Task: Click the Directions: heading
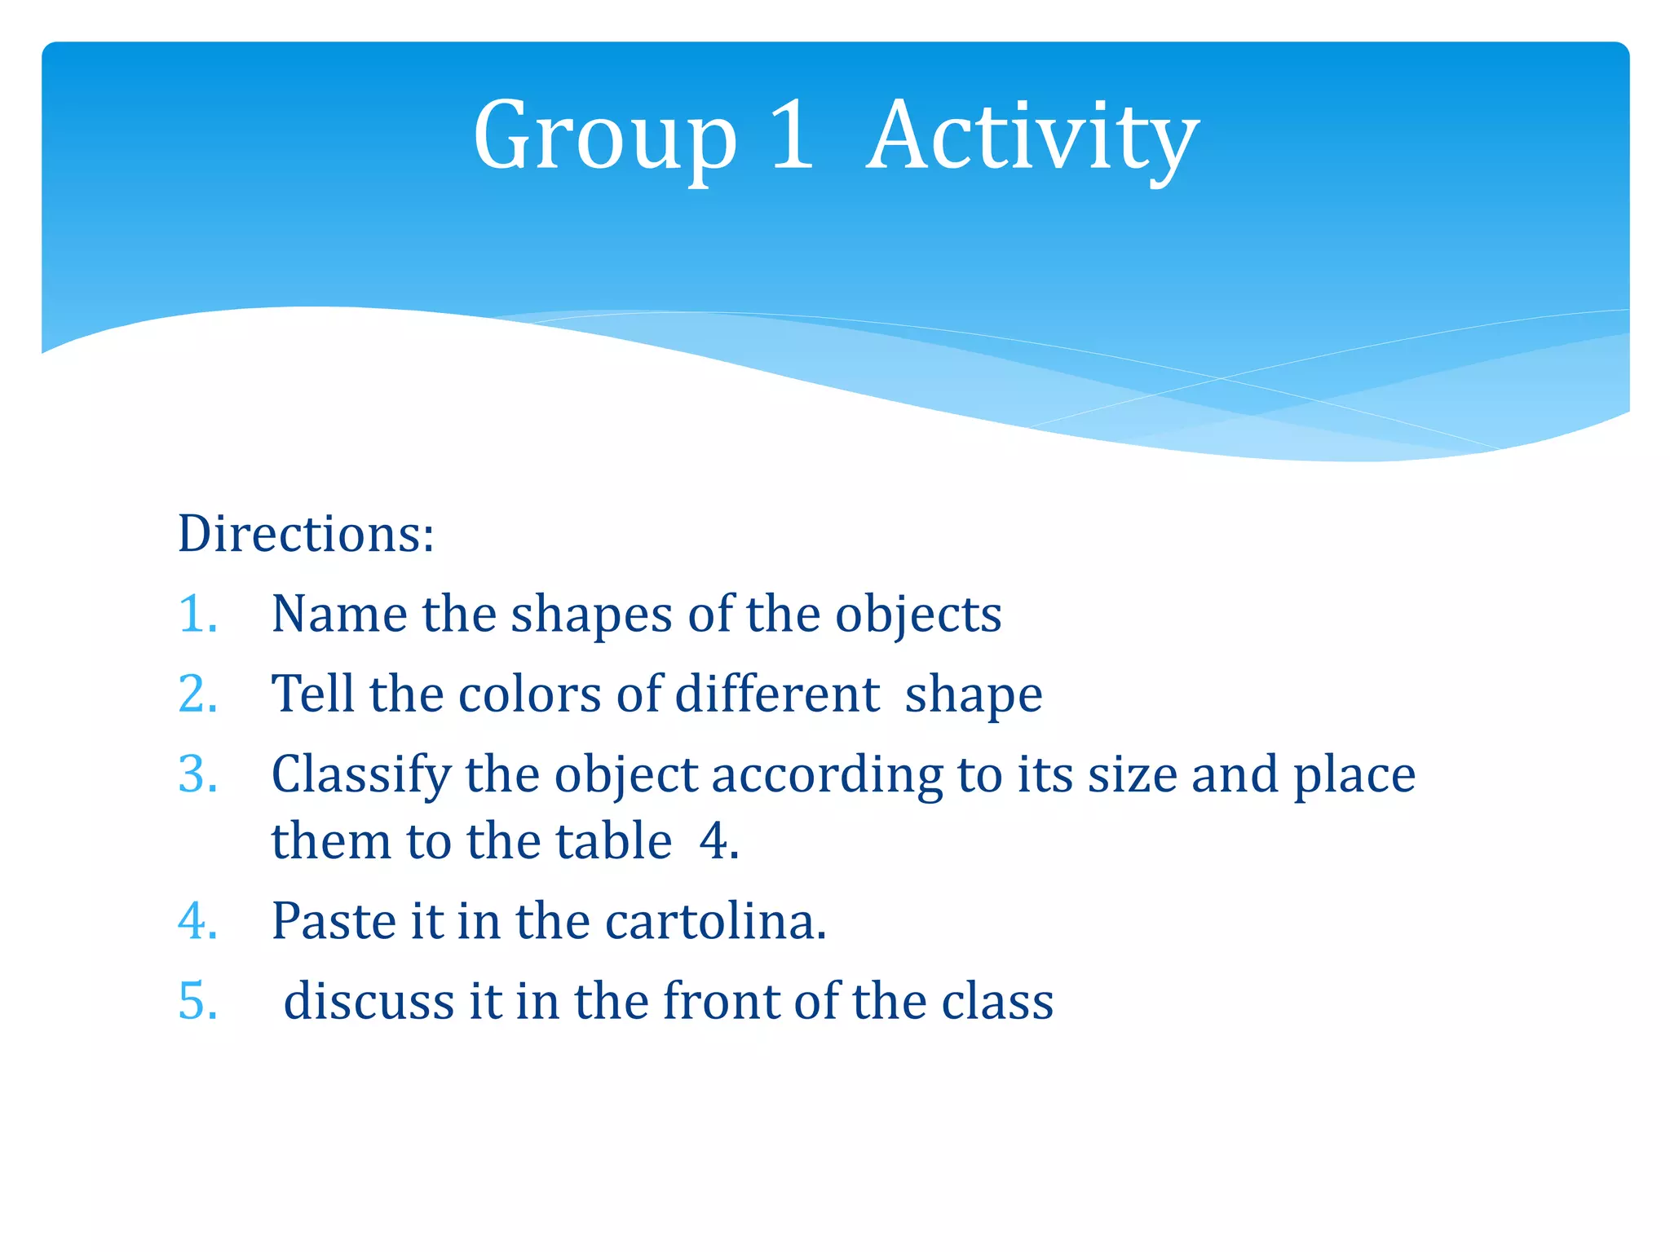pos(306,534)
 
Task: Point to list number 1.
pos(197,614)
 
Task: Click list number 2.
pos(197,694)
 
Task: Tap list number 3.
pos(197,774)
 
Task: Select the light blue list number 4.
pos(197,921)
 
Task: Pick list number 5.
pos(197,1001)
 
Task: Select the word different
pos(777,694)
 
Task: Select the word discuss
pos(369,1001)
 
